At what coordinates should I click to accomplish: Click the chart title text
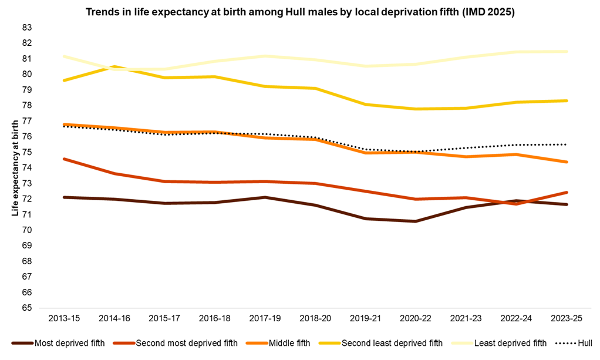(x=300, y=12)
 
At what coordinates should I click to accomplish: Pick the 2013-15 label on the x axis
(x=63, y=318)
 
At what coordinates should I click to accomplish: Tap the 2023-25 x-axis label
(x=566, y=318)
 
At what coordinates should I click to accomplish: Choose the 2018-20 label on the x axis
(x=315, y=318)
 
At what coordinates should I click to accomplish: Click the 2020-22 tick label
(x=415, y=318)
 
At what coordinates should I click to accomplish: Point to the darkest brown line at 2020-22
(x=415, y=221)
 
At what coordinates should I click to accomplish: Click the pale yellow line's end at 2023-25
(x=566, y=52)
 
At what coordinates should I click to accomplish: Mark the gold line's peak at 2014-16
(x=114, y=67)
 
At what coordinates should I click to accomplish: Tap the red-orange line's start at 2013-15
(x=63, y=159)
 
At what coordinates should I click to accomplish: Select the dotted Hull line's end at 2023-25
(x=566, y=144)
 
